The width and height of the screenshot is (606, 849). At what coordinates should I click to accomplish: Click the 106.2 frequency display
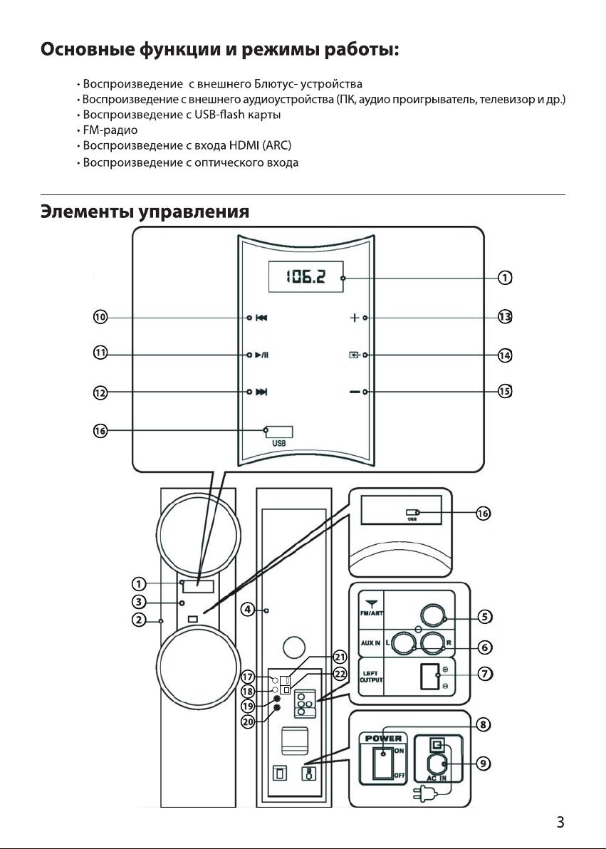(306, 277)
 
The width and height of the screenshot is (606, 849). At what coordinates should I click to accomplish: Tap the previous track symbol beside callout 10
(261, 318)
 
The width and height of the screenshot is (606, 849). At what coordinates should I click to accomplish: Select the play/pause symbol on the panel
(261, 355)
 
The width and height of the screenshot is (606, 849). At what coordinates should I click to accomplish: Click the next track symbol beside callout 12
(261, 392)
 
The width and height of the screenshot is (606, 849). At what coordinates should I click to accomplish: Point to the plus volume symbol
(354, 318)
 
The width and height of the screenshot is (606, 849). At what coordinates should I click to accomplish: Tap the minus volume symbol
(355, 392)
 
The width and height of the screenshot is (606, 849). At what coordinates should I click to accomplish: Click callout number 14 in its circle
(505, 355)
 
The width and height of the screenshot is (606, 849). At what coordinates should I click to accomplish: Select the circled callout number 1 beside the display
(505, 278)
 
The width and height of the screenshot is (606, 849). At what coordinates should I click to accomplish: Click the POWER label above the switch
(383, 738)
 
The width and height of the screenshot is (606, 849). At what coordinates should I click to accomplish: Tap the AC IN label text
(437, 778)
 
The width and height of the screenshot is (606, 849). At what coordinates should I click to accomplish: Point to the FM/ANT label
(371, 614)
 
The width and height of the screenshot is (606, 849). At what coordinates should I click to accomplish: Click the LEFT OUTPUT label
(372, 677)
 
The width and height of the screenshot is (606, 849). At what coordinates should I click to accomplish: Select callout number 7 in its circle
(485, 674)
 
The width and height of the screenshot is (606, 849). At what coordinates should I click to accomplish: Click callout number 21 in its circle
(340, 657)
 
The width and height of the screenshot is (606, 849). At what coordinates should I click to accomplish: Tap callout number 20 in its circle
(248, 722)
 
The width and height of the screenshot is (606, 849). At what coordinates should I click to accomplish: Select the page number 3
(560, 822)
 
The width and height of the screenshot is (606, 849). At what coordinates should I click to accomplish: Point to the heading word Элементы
(87, 211)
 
